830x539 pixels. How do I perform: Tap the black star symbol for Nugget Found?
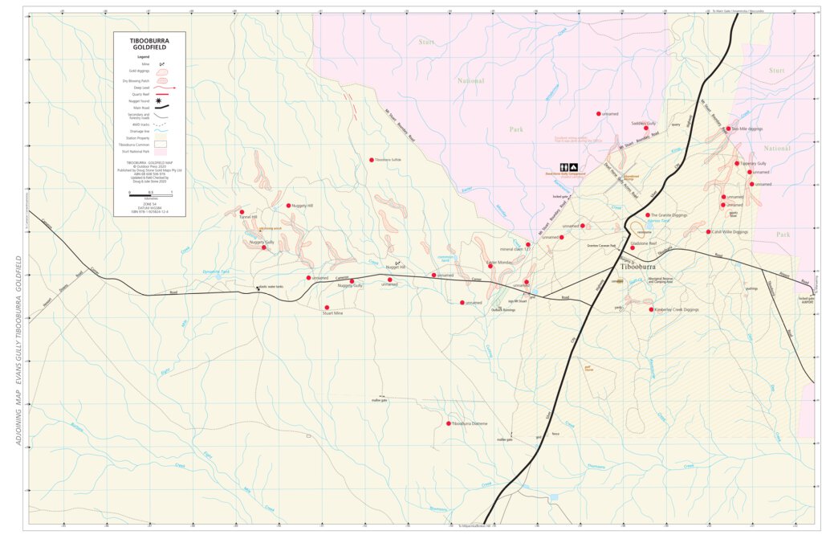click(x=159, y=100)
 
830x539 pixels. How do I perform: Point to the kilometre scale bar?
click(x=150, y=193)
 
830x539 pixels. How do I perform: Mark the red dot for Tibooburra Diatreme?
click(x=448, y=423)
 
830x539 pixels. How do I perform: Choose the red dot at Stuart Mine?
click(x=327, y=308)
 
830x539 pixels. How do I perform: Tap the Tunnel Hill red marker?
click(x=242, y=212)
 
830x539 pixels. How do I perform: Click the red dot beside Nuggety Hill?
click(x=288, y=206)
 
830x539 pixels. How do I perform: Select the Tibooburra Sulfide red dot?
click(x=371, y=160)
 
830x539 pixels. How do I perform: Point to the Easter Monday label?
click(x=499, y=263)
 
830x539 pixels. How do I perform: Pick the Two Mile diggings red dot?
click(x=728, y=129)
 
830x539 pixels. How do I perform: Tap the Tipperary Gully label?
click(x=755, y=164)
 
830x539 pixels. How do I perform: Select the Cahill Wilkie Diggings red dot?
click(x=706, y=232)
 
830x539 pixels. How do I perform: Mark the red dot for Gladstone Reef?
click(x=633, y=247)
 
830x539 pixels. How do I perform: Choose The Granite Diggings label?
click(x=670, y=215)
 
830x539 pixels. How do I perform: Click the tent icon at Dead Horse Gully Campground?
click(x=574, y=167)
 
